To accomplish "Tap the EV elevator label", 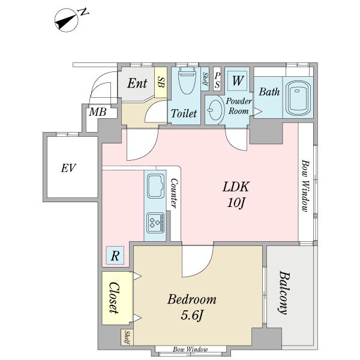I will click(x=68, y=168).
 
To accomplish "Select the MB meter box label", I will click(x=97, y=112).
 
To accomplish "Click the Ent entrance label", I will click(x=137, y=84).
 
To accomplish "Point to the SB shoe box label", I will click(x=161, y=83).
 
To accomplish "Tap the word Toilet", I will click(x=184, y=113).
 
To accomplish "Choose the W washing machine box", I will click(x=238, y=80).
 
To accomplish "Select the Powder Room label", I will click(x=239, y=106).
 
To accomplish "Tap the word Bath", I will click(x=269, y=92).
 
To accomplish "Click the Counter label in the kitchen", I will click(x=173, y=193).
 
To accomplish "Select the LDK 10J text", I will click(x=238, y=194).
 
